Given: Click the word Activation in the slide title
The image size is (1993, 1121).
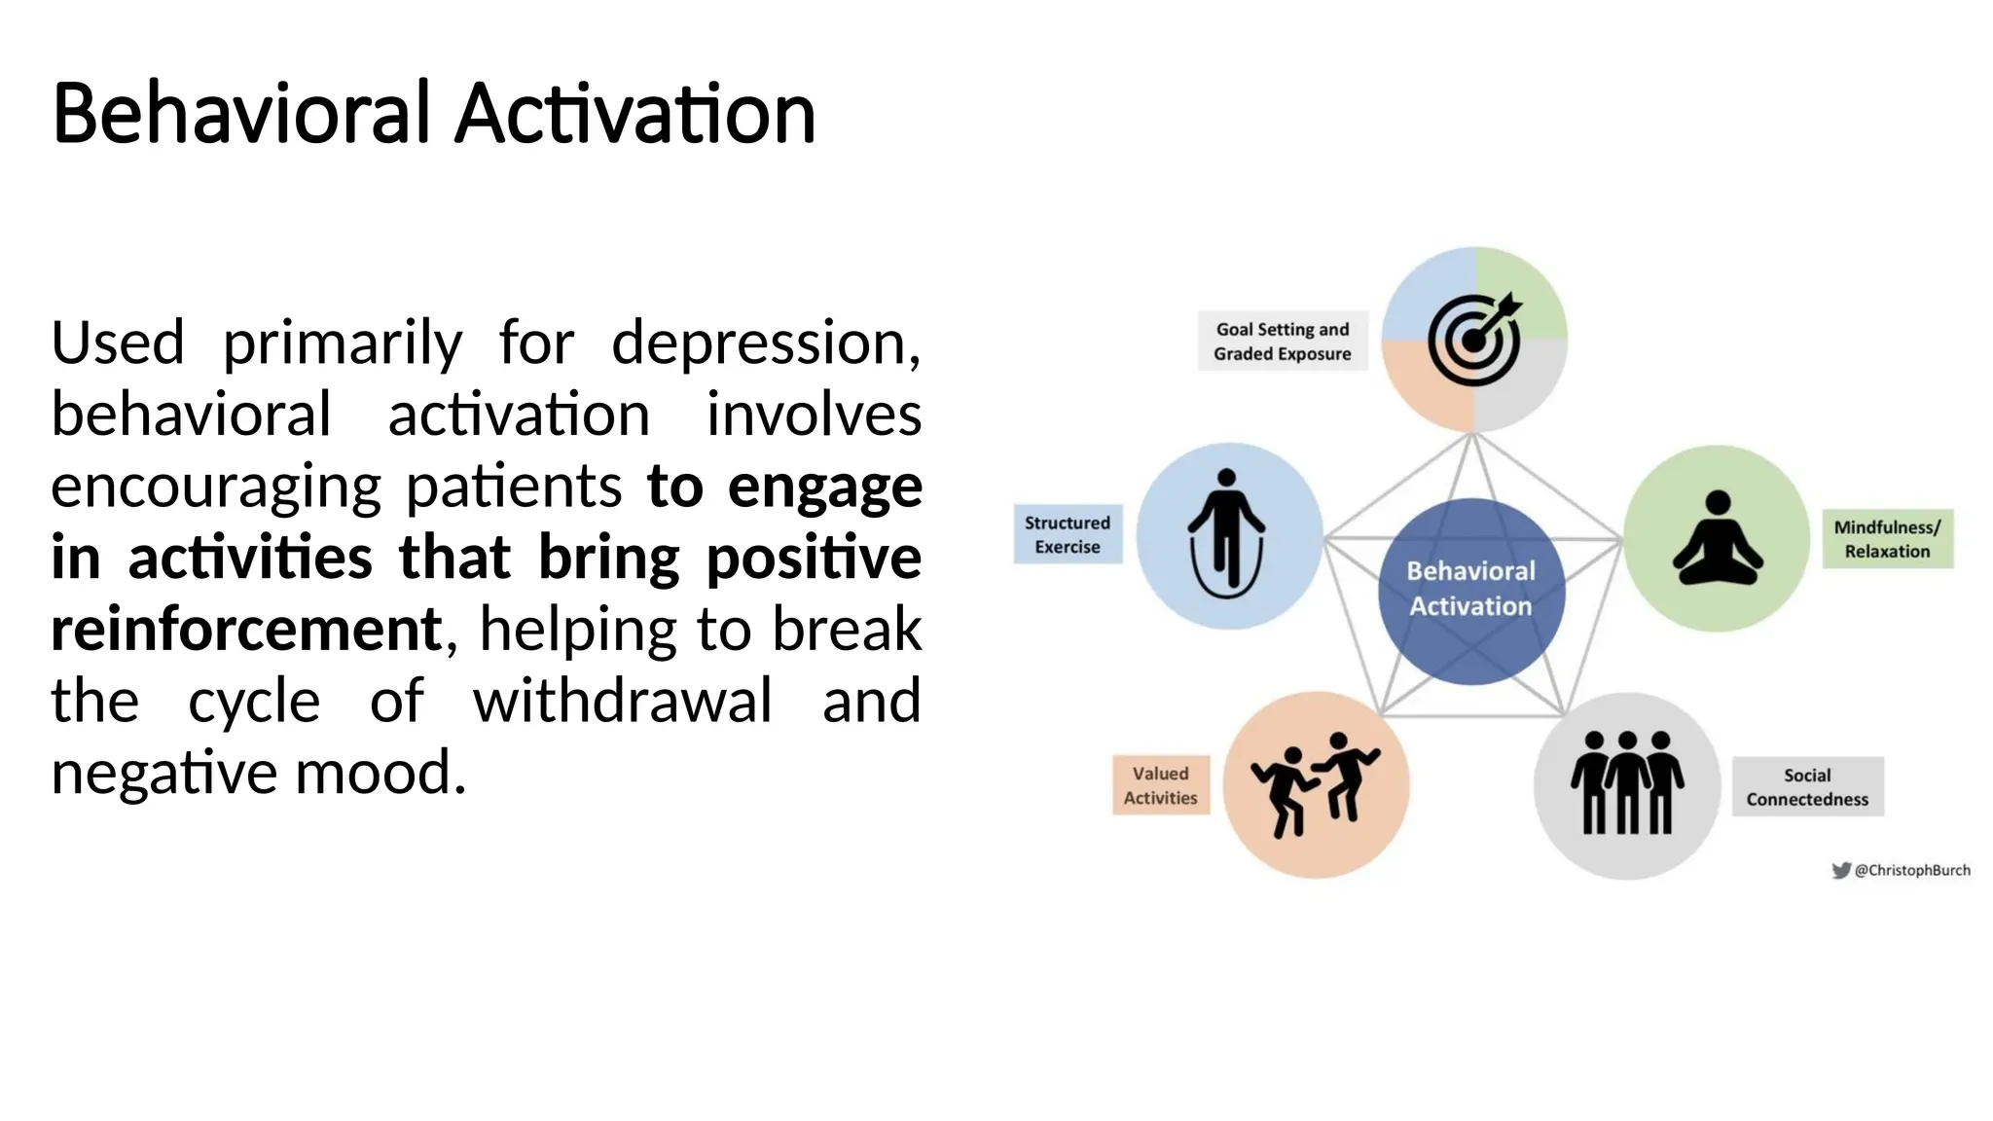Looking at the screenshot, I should point(634,114).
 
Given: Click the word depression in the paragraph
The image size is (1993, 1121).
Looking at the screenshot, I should point(764,343).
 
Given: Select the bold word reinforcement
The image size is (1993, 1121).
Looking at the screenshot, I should point(246,629).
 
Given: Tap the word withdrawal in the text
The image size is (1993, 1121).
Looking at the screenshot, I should point(623,701).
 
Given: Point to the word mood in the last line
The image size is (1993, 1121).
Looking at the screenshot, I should point(380,773).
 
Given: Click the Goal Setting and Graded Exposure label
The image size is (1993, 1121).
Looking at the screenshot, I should point(1282,342).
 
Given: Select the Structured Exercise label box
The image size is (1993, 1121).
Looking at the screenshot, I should point(1067,534).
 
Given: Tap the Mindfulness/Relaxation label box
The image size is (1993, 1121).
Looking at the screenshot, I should point(1886,539).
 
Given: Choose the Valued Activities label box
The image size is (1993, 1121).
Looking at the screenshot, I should point(1160,785).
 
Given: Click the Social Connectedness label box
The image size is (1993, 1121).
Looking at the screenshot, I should point(1807,786).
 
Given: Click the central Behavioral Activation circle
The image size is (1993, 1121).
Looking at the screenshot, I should point(1470,590).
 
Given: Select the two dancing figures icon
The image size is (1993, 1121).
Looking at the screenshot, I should point(1315,784).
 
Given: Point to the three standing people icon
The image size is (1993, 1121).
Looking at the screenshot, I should point(1626,784).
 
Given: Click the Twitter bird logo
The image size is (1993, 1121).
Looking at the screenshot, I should point(1840,870).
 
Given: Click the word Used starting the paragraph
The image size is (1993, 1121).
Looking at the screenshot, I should point(118,343).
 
